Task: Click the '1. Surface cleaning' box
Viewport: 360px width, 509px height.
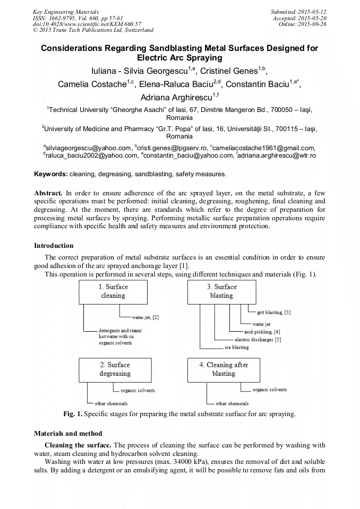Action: coord(113,291)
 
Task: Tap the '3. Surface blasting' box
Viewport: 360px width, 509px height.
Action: coord(221,291)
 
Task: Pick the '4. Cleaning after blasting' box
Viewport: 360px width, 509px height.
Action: coord(224,369)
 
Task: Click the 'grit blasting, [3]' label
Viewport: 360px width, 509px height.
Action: coord(273,313)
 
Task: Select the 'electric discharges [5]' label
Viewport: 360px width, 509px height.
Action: coord(258,340)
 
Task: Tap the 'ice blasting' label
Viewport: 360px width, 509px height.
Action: coord(236,348)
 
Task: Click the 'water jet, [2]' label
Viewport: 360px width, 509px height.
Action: coord(145,317)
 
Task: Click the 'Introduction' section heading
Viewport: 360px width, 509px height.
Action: coord(54,246)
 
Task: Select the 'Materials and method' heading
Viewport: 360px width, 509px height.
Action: coord(68,434)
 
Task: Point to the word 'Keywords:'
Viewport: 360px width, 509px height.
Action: coord(51,174)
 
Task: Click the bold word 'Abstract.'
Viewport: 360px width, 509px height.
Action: coord(48,193)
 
